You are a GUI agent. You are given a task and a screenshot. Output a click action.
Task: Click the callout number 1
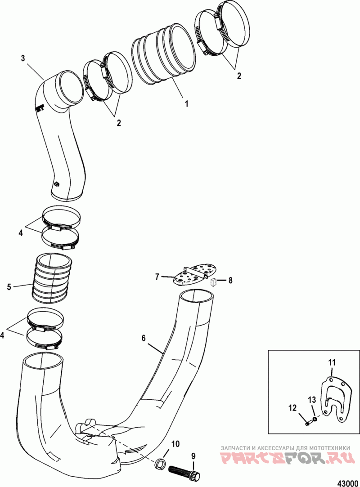coord(186,103)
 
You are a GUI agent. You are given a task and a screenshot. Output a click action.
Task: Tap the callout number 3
coord(23,58)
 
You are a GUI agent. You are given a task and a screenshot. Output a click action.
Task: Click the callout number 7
coord(157,277)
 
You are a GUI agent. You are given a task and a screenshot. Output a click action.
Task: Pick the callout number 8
coord(230,280)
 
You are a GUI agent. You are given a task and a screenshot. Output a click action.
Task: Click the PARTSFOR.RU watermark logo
coord(288,460)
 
